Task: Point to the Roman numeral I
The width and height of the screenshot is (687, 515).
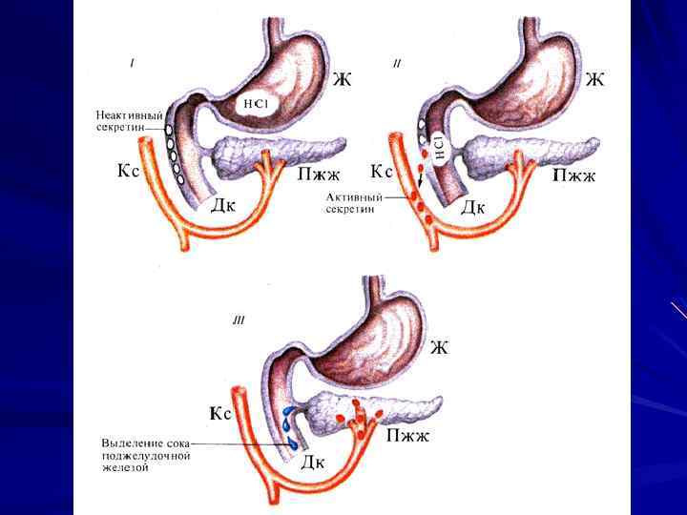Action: coord(132,64)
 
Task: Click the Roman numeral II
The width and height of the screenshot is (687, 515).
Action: coord(396,64)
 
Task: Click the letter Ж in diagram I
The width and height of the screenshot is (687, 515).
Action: coord(341,79)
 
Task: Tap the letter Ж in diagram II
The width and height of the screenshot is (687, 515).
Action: coord(594,79)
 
